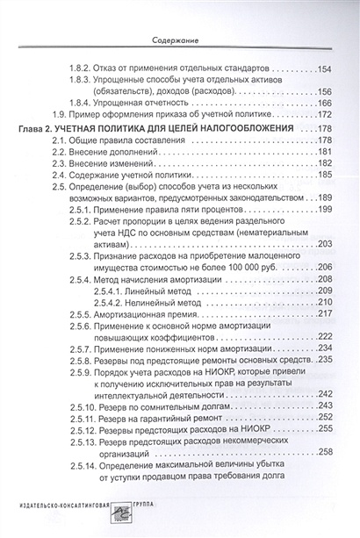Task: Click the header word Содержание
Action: coord(178,39)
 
